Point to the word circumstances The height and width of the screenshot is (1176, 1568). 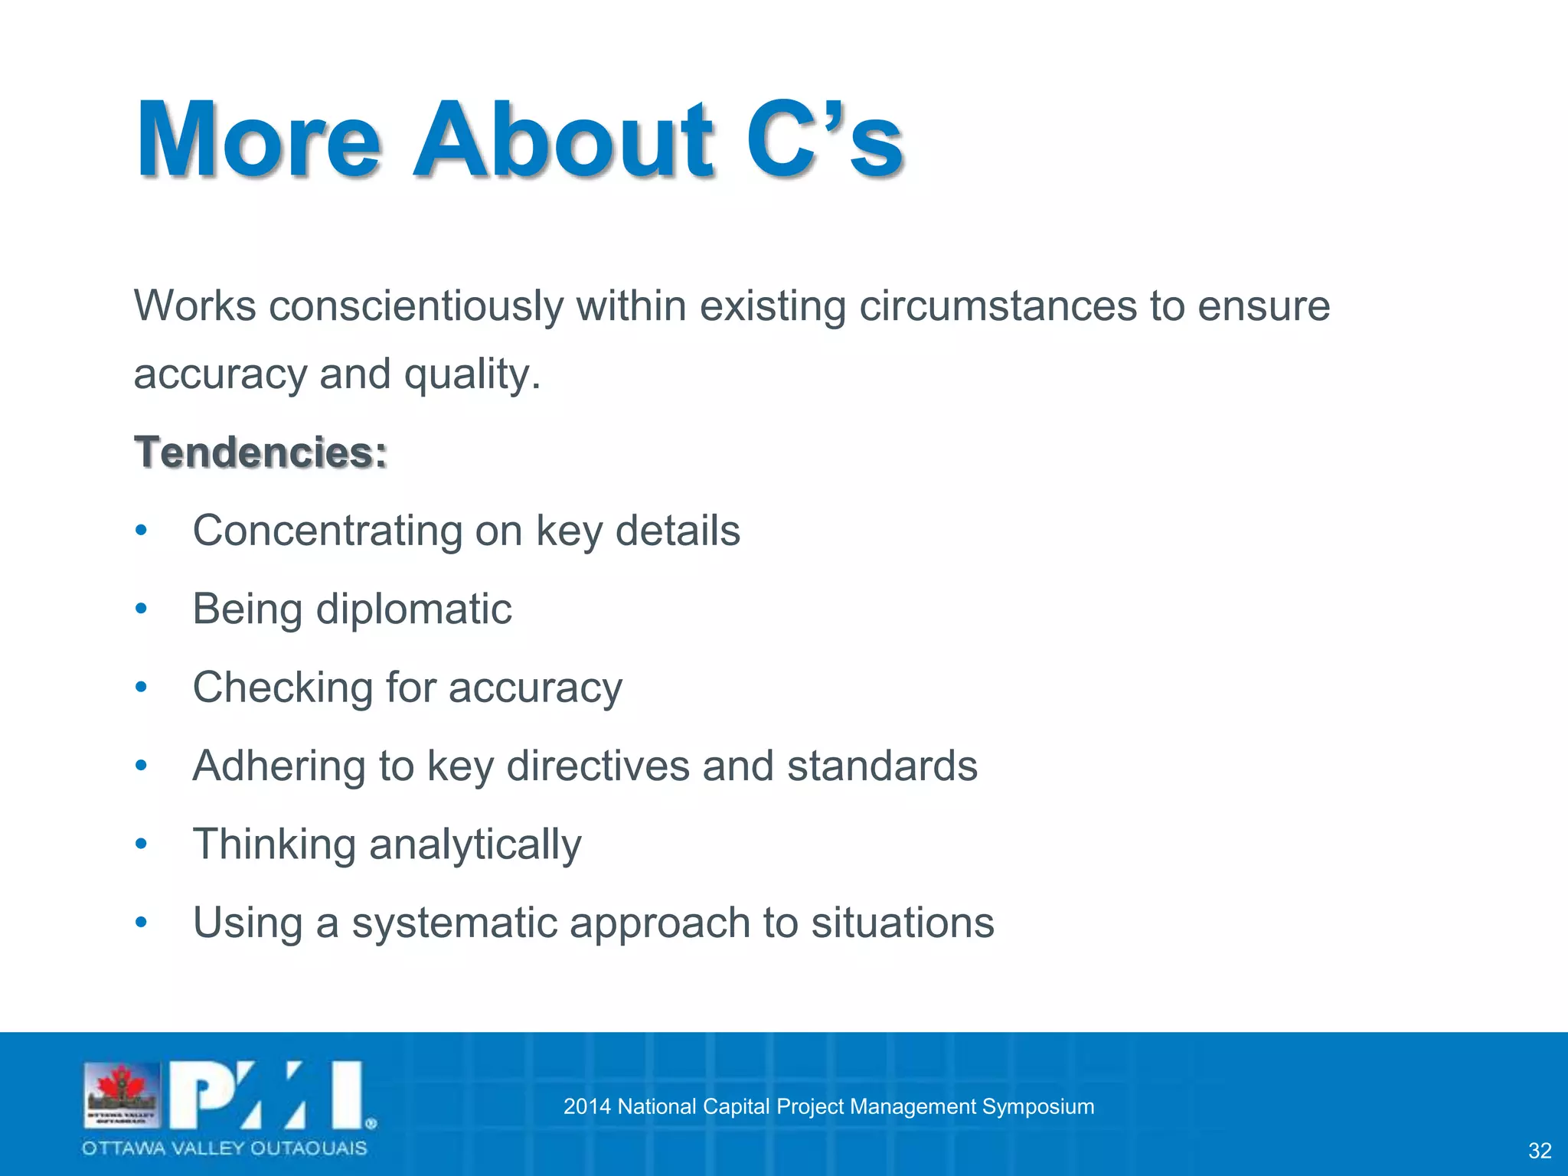click(x=996, y=306)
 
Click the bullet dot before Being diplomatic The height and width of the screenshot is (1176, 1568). click(x=141, y=609)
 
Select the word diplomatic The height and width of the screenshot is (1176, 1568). click(x=413, y=609)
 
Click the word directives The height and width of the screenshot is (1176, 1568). click(x=597, y=766)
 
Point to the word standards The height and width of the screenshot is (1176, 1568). click(x=882, y=766)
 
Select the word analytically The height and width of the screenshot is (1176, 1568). click(x=475, y=845)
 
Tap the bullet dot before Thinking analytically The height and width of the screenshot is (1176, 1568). click(x=141, y=844)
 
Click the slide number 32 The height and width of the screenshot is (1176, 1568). click(x=1540, y=1150)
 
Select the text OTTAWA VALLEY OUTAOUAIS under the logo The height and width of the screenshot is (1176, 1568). click(x=224, y=1148)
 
